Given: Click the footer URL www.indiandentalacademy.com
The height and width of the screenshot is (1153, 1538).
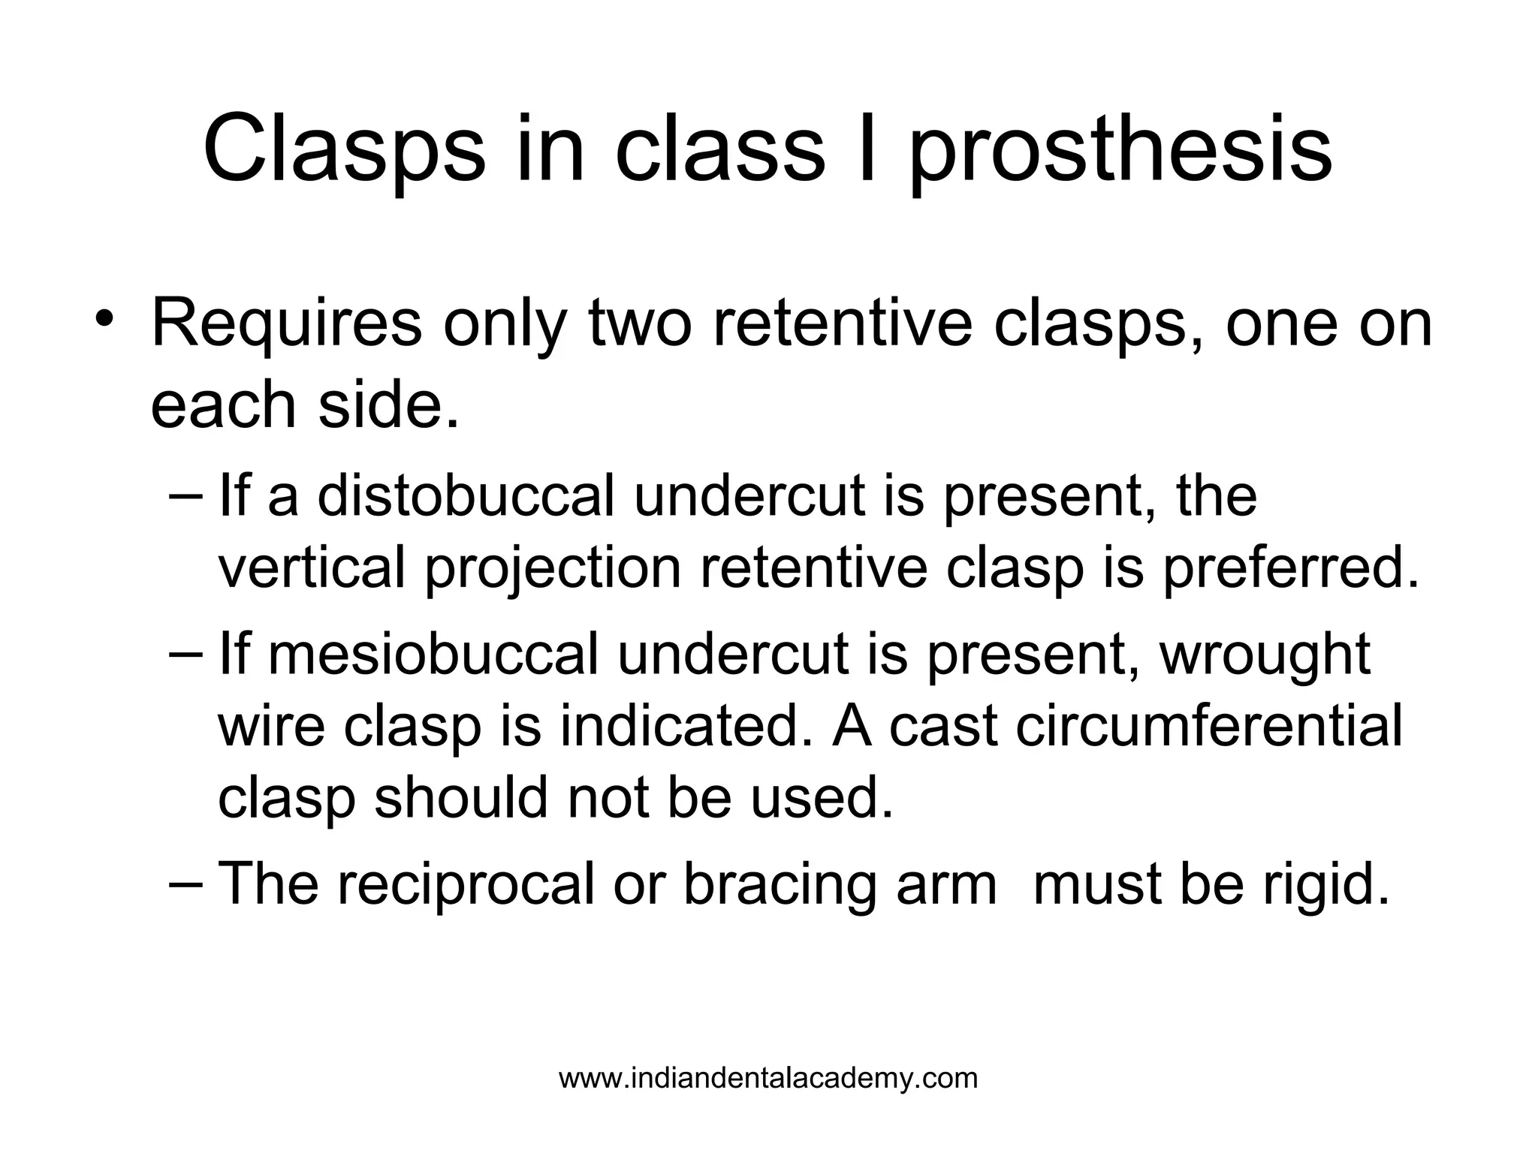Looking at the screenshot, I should pyautogui.click(x=768, y=1079).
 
